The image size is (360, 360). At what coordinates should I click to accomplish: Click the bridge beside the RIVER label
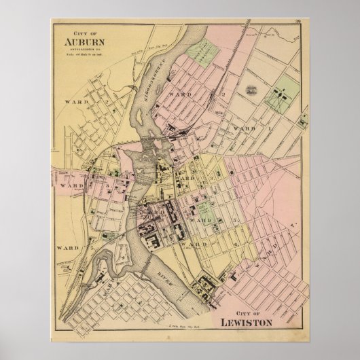point(186,267)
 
